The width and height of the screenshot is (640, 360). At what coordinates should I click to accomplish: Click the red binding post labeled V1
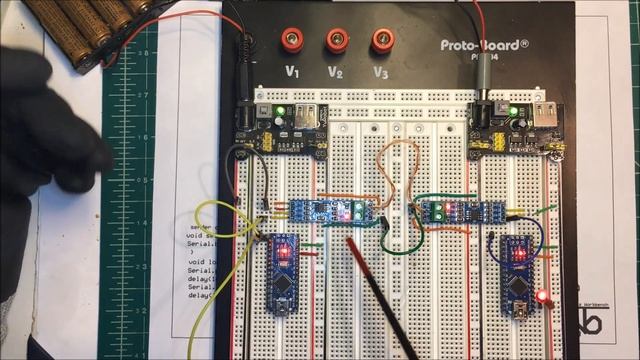pyautogui.click(x=293, y=41)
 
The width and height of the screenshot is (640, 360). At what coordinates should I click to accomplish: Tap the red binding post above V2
pyautogui.click(x=337, y=41)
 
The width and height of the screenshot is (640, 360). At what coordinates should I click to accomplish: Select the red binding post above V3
pyautogui.click(x=381, y=40)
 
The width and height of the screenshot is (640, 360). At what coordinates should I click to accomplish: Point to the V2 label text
pyautogui.click(x=336, y=72)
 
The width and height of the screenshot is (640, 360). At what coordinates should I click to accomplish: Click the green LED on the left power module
pyautogui.click(x=280, y=110)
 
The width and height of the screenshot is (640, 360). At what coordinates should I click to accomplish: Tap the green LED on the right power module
pyautogui.click(x=517, y=112)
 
